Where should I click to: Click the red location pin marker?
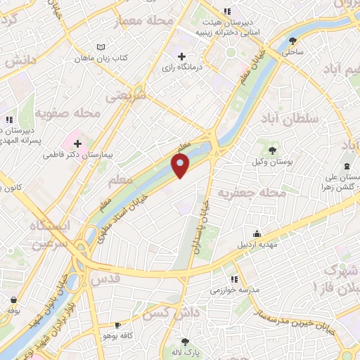180,166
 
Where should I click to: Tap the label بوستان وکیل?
271,162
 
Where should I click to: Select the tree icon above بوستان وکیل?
271,150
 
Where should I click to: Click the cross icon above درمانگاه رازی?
182,56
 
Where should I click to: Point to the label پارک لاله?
187,351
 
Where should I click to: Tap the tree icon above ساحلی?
292,40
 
